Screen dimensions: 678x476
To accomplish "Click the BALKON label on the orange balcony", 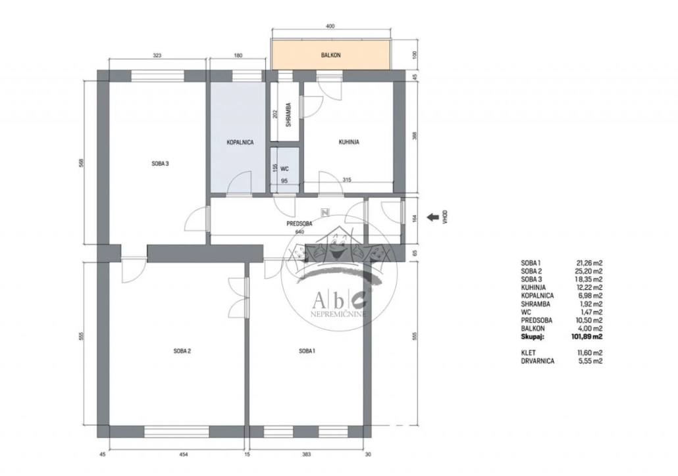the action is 331,55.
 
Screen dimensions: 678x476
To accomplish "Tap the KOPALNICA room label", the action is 240,142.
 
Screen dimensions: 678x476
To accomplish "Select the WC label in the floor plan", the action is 284,169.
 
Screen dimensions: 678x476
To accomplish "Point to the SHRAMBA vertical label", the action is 288,114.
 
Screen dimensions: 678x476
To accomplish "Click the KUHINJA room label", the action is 349,141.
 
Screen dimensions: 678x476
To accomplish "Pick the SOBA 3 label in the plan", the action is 160,164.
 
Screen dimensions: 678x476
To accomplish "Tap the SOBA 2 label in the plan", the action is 182,351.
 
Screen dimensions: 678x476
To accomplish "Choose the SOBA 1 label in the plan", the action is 307,351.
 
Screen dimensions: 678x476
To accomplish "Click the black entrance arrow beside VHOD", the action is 432,217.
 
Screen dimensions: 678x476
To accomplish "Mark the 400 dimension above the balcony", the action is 330,26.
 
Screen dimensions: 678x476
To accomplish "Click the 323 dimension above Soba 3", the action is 157,55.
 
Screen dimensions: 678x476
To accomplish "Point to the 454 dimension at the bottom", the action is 184,454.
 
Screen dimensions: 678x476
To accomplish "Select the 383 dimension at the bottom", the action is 307,454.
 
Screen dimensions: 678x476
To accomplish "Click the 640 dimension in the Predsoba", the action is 300,232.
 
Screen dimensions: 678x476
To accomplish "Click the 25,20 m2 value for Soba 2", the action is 589,272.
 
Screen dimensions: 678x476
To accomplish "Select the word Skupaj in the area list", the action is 533,337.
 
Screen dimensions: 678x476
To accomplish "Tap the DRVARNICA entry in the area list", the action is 538,361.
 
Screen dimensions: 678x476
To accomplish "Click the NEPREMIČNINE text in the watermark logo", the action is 338,314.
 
